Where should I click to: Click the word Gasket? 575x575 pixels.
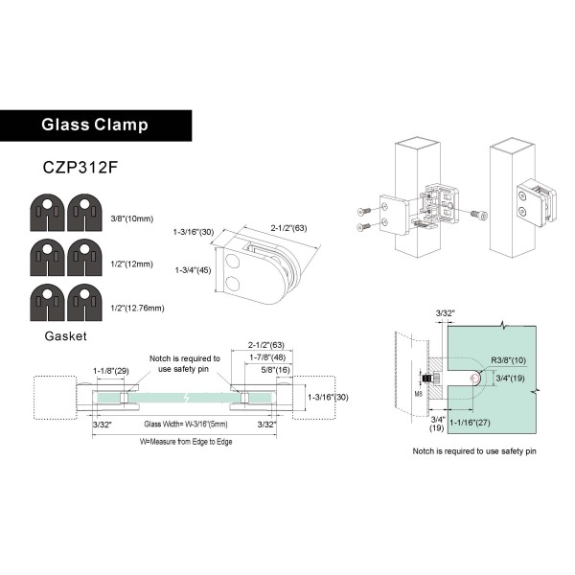coord(65,336)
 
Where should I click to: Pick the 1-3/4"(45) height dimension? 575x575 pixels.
coord(192,270)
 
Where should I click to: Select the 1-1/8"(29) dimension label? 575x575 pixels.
coord(111,371)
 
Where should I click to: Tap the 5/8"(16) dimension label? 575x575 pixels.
coord(271,370)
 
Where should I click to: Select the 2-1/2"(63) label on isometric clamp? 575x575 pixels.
coord(290,228)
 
